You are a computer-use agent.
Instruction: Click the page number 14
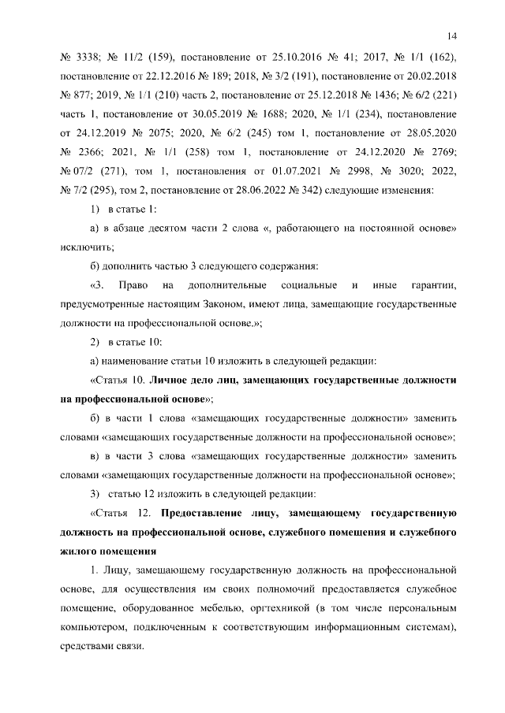tap(452, 34)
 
